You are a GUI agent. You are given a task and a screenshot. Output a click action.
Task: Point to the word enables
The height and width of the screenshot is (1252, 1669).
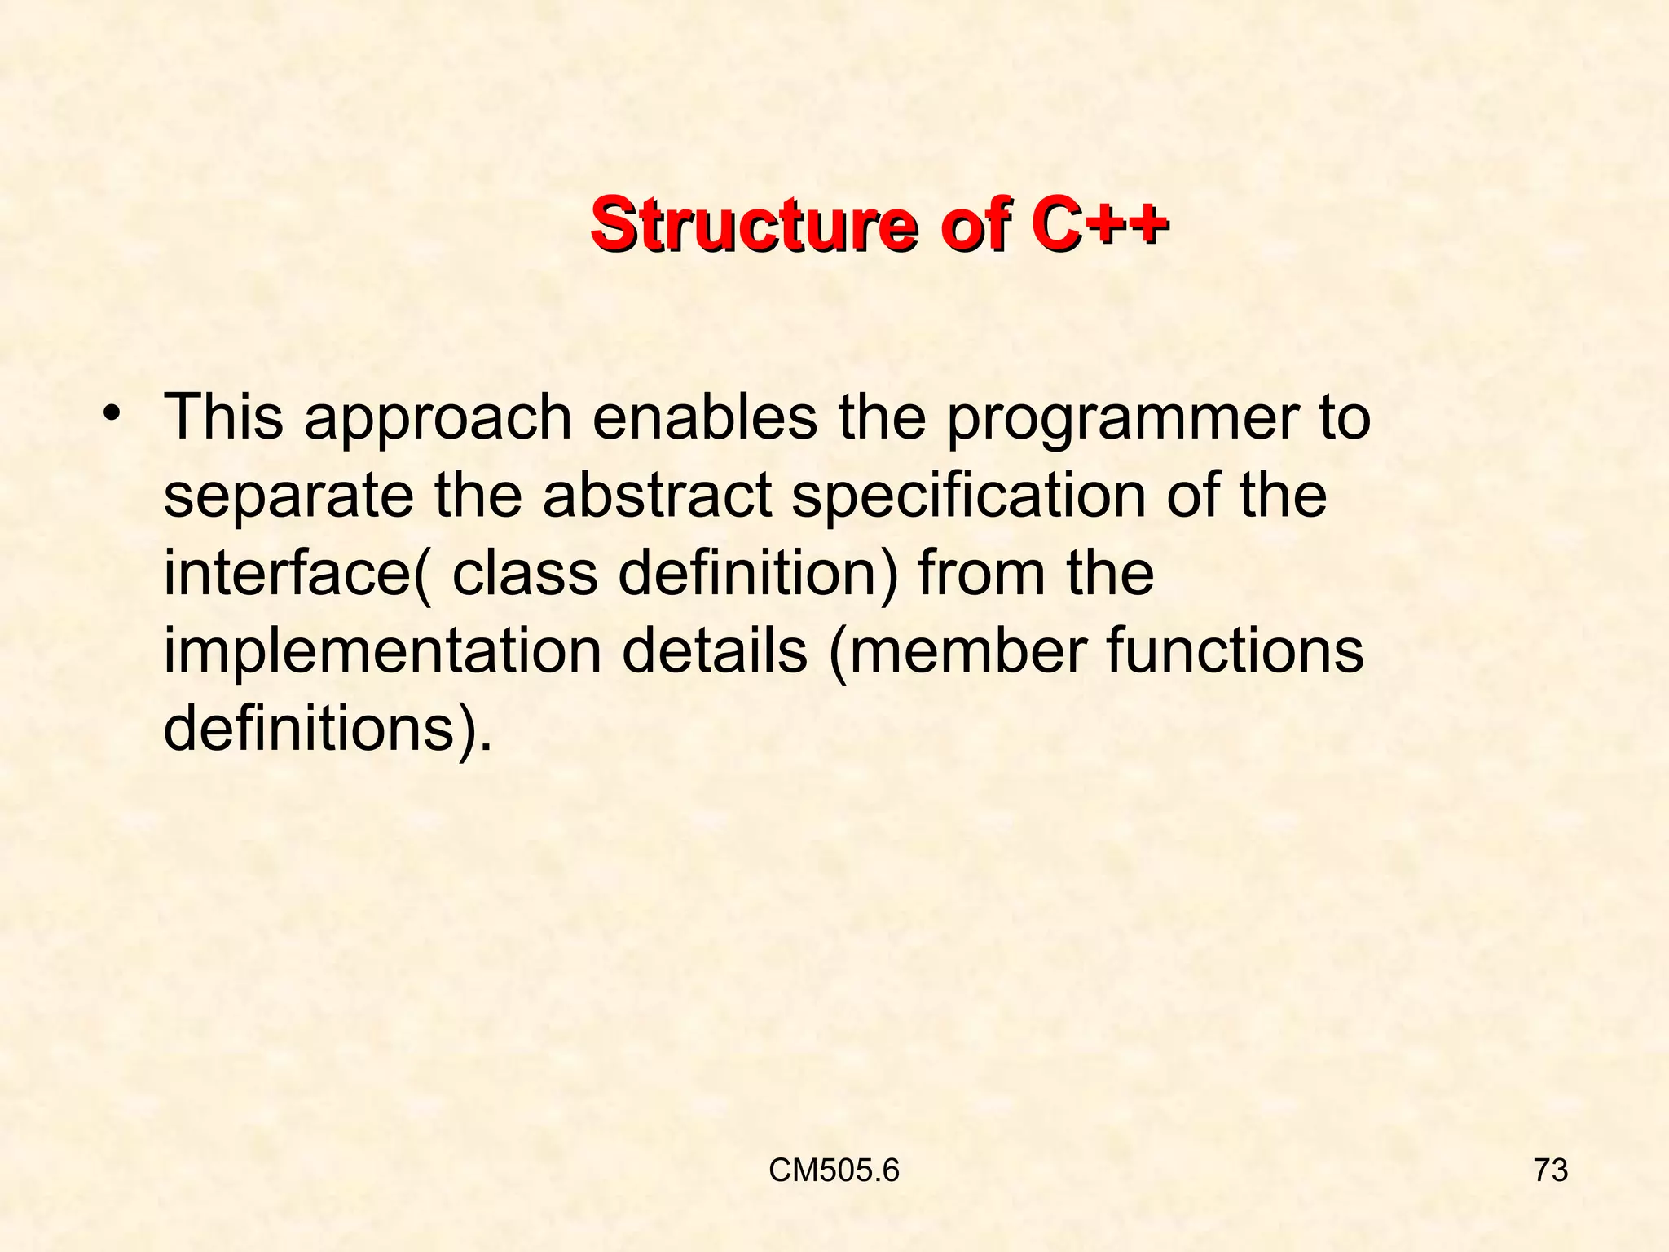pyautogui.click(x=705, y=417)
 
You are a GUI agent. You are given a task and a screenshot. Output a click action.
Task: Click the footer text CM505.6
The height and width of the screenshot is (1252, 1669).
pyautogui.click(x=834, y=1170)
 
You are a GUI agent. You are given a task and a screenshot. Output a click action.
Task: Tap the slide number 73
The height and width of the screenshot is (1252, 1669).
pyautogui.click(x=1551, y=1170)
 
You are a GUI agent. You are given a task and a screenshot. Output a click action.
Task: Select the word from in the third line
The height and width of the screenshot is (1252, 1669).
pyautogui.click(x=980, y=573)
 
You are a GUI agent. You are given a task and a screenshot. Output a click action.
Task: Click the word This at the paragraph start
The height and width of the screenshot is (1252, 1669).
pyautogui.click(x=223, y=417)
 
